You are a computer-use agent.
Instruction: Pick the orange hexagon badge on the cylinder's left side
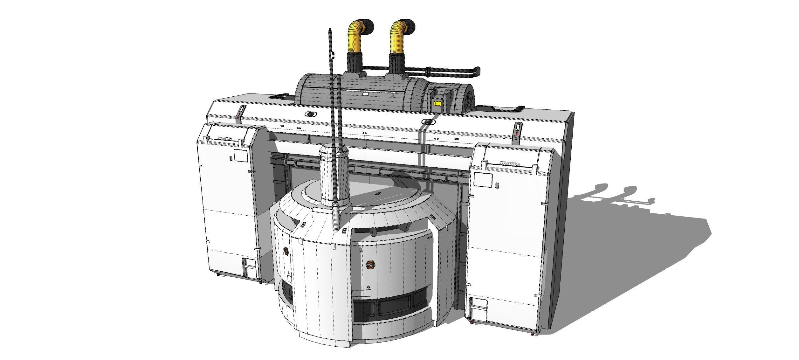(x=286, y=251)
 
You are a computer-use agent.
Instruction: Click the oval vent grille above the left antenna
(x=311, y=114)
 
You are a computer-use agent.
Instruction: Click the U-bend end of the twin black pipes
(x=477, y=72)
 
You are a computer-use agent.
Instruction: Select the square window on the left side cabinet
(x=240, y=156)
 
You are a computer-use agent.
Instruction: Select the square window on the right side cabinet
(x=480, y=179)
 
